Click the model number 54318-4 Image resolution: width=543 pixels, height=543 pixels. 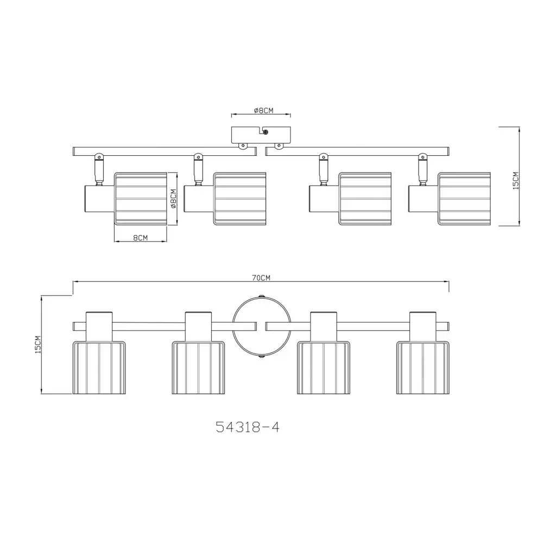[247, 427]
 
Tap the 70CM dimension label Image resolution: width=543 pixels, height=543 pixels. [261, 277]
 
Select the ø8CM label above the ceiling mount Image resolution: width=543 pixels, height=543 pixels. [263, 110]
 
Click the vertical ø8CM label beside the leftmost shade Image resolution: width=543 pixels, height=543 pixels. [174, 199]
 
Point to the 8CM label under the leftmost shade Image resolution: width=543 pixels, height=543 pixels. [140, 238]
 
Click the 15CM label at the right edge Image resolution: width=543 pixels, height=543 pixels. [516, 180]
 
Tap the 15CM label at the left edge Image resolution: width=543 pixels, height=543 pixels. [38, 345]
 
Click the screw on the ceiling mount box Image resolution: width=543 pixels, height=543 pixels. [266, 131]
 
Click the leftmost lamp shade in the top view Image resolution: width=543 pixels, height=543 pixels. [141, 199]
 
